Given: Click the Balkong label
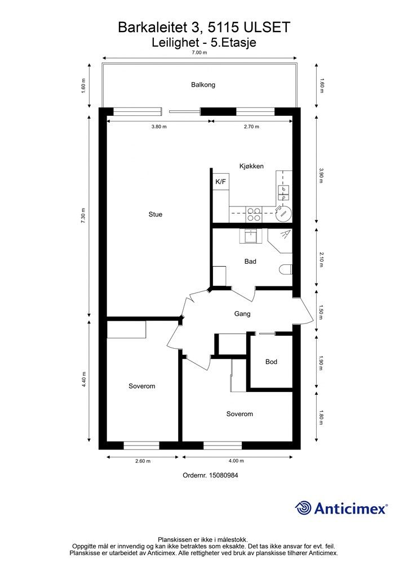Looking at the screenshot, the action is (x=203, y=85).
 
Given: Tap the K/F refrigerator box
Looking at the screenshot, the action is (x=221, y=181).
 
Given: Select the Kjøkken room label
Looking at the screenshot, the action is (x=251, y=166).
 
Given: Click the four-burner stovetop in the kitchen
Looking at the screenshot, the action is (x=254, y=214).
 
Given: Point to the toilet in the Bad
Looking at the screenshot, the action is (x=286, y=270).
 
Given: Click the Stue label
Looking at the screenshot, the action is (x=155, y=214).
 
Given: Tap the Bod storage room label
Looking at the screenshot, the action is (x=271, y=362).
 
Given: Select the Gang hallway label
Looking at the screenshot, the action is (x=242, y=314).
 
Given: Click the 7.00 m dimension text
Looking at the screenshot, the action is (x=199, y=52).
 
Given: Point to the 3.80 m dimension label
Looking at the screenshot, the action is (x=159, y=127).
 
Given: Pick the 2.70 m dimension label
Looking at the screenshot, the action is (x=251, y=127).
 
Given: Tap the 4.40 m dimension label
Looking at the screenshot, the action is (x=84, y=380).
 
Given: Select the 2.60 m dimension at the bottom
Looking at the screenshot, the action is (x=143, y=461).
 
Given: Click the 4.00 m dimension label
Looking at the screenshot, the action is (x=236, y=461).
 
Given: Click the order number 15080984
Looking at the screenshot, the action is (x=223, y=475).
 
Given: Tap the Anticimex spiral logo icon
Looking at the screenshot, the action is (x=304, y=508).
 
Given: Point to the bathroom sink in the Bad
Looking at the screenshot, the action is (x=251, y=236).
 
